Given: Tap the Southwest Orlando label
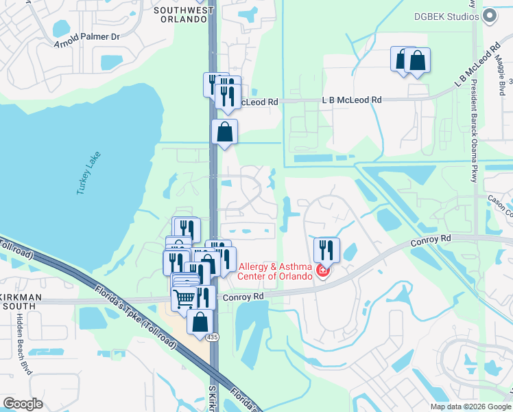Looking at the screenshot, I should pos(180,14).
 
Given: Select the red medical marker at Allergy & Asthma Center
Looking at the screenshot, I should pos(322,273).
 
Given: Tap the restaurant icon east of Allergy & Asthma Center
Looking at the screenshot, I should pos(326,250).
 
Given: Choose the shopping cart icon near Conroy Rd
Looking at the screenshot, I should pos(184,299).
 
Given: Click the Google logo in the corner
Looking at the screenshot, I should pos(23,403).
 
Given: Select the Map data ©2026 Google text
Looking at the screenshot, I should pos(470,407).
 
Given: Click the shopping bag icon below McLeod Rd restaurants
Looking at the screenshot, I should pos(225,132).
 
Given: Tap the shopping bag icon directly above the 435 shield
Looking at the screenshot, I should pos(200,321).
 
